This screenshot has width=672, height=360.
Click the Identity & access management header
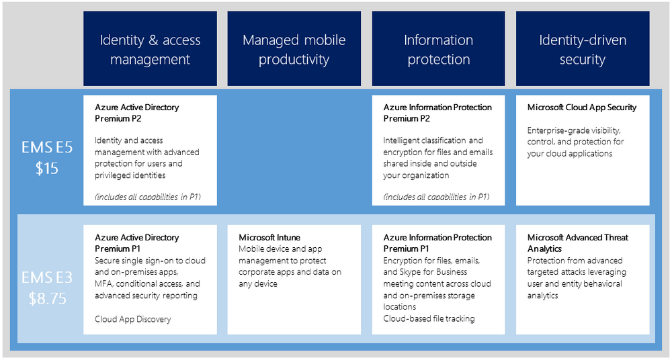pyautogui.click(x=150, y=49)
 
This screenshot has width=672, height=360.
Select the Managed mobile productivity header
pyautogui.click(x=294, y=49)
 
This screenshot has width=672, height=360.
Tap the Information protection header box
pyautogui.click(x=438, y=49)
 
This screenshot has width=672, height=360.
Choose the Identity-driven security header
pyautogui.click(x=583, y=49)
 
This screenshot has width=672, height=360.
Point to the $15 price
pyautogui.click(x=47, y=168)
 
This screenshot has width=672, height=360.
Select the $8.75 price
pyautogui.click(x=47, y=299)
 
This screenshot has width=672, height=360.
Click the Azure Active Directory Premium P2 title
pyautogui.click(x=137, y=113)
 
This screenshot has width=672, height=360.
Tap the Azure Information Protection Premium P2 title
pyautogui.click(x=437, y=113)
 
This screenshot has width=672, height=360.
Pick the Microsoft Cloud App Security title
pyautogui.click(x=582, y=107)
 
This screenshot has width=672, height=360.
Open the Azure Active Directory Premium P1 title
pyautogui.click(x=137, y=243)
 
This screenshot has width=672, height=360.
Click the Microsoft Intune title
pyautogui.click(x=269, y=238)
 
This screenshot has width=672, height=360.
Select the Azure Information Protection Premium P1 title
pyautogui.click(x=437, y=243)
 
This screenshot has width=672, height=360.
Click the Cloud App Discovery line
pyautogui.click(x=132, y=319)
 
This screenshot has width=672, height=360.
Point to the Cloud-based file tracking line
pyautogui.click(x=429, y=318)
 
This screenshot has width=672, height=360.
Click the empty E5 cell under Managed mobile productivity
pyautogui.click(x=294, y=150)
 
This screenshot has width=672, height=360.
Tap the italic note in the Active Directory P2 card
pyautogui.click(x=148, y=197)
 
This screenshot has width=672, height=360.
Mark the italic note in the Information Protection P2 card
pyautogui.click(x=436, y=197)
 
